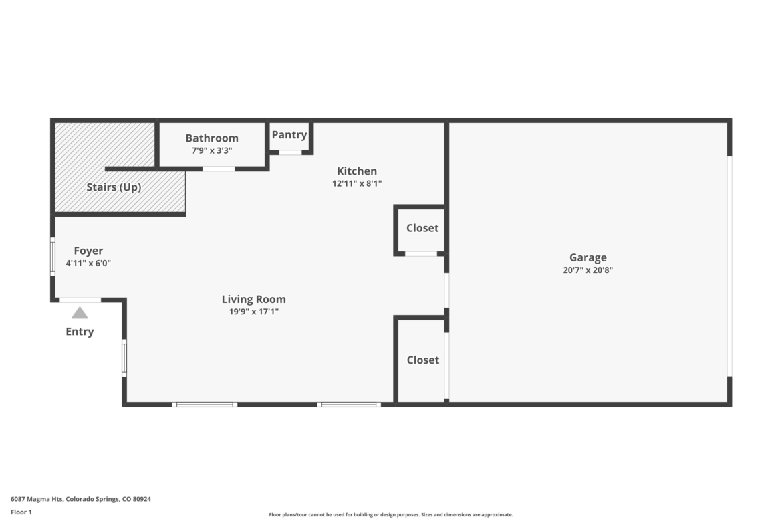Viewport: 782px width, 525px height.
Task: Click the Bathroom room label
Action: click(212, 138)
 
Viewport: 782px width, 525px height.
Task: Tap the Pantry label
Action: click(289, 134)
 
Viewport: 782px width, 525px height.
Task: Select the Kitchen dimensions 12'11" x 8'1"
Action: click(357, 183)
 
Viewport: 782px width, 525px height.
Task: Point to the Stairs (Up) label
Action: click(114, 187)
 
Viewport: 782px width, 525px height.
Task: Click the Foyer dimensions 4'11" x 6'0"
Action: click(88, 263)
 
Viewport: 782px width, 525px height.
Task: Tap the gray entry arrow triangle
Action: click(80, 313)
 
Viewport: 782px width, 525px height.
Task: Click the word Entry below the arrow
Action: click(80, 332)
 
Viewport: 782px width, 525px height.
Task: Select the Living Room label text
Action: click(254, 299)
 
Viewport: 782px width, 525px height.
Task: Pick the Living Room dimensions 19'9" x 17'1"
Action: click(254, 312)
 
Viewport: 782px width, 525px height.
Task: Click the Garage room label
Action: click(588, 257)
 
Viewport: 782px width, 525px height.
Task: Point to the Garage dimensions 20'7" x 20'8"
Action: click(588, 270)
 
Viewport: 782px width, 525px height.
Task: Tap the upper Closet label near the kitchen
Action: click(422, 228)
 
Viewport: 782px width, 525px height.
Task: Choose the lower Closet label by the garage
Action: click(423, 360)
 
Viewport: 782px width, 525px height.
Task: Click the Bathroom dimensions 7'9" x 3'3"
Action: click(212, 150)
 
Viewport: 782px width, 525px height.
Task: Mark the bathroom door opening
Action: click(219, 169)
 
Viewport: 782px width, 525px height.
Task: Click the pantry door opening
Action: click(290, 152)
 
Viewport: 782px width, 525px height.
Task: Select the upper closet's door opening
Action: click(421, 254)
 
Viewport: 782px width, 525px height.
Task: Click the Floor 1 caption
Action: click(21, 512)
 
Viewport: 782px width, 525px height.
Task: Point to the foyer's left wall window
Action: click(53, 257)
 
